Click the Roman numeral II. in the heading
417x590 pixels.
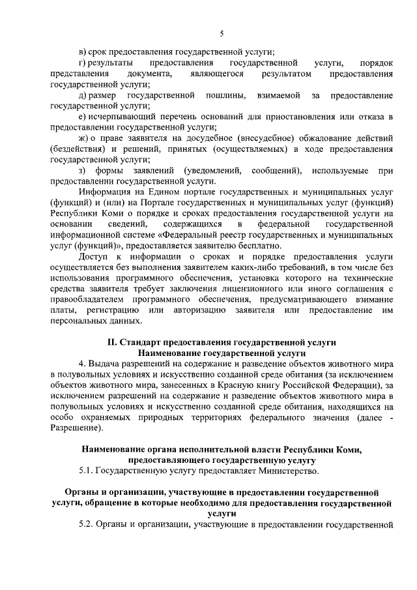pos(112,342)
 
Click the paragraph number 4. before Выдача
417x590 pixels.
pos(82,363)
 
